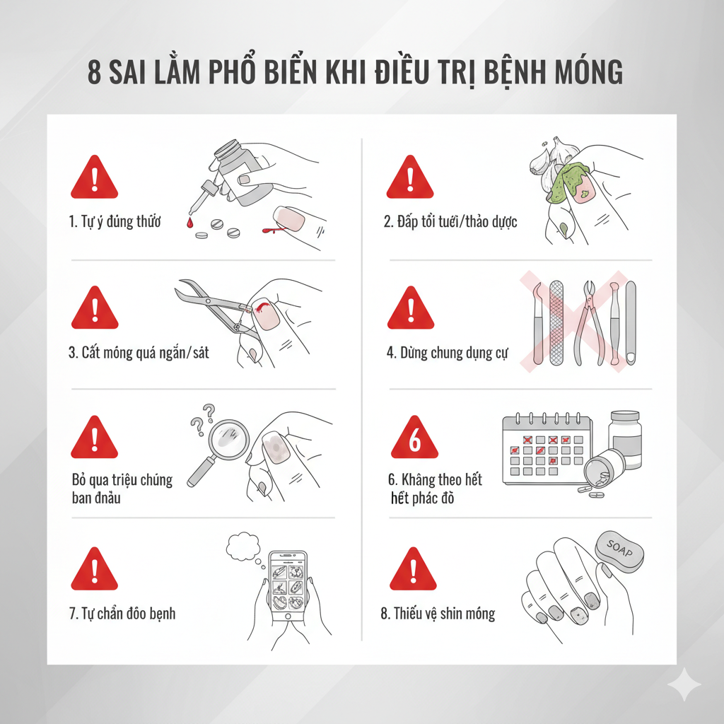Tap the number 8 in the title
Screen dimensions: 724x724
coord(94,74)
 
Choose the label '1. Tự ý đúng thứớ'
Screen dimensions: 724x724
coord(115,222)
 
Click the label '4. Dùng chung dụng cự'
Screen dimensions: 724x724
coord(447,353)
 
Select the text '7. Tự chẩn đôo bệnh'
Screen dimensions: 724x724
coord(122,613)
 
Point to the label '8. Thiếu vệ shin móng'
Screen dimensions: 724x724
coord(438,613)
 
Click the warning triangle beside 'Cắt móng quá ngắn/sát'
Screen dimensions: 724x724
coord(95,309)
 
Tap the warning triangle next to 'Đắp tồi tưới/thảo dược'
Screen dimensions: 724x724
coord(409,179)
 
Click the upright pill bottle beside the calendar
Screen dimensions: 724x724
coord(625,439)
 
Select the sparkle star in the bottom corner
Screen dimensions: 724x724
coord(684,684)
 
